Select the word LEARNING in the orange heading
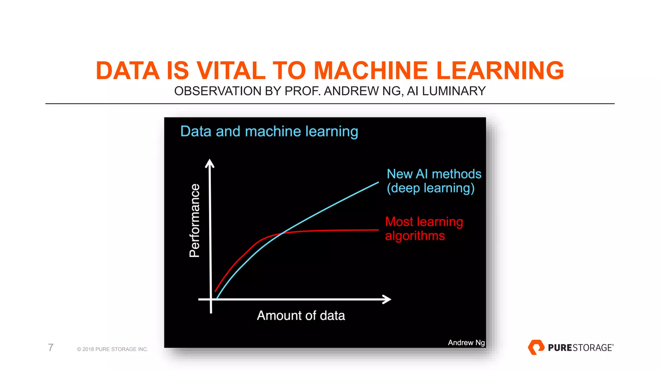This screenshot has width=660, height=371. (x=500, y=71)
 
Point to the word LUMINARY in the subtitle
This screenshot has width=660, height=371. (x=454, y=91)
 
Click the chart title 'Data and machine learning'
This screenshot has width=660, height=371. (x=269, y=131)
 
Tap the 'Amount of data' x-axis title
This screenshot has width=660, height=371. (x=301, y=316)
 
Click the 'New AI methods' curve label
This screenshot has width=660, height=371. (x=434, y=174)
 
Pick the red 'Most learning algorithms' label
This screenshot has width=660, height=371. (x=423, y=229)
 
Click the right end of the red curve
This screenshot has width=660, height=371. (x=378, y=230)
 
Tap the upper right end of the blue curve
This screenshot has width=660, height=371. (x=378, y=183)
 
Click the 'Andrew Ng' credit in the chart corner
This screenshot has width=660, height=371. (x=466, y=343)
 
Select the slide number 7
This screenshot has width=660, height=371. (x=51, y=347)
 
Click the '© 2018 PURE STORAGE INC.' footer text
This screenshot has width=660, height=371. (x=112, y=349)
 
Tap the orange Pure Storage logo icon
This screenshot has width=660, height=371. (x=536, y=347)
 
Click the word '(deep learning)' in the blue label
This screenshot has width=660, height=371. (x=431, y=188)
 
